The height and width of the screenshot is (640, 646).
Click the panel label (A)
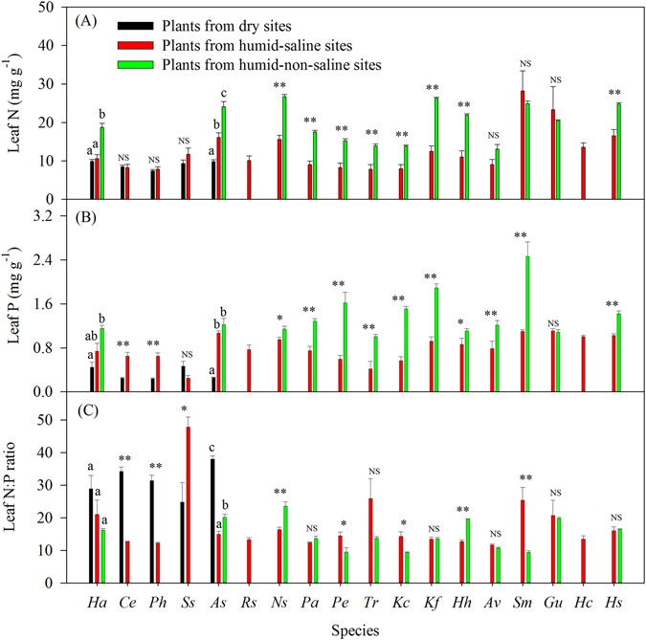pyautogui.click(x=95, y=19)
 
